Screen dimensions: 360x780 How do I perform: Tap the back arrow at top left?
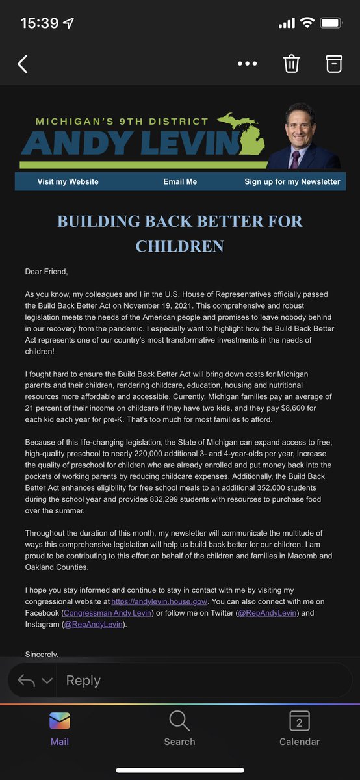pyautogui.click(x=23, y=64)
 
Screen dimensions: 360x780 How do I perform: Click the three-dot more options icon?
pyautogui.click(x=248, y=64)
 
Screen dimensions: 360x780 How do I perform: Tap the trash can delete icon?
pyautogui.click(x=291, y=64)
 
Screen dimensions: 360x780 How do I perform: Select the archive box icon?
pyautogui.click(x=333, y=64)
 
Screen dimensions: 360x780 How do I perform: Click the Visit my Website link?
pyautogui.click(x=68, y=181)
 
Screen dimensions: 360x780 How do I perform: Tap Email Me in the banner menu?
pyautogui.click(x=180, y=181)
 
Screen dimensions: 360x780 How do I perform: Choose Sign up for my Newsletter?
pyautogui.click(x=292, y=181)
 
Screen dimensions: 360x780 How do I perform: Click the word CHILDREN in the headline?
pyautogui.click(x=179, y=246)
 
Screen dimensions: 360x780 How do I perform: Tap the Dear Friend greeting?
pyautogui.click(x=46, y=271)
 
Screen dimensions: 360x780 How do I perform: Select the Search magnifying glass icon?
pyautogui.click(x=179, y=721)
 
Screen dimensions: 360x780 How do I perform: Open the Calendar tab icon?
pyautogui.click(x=300, y=721)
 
